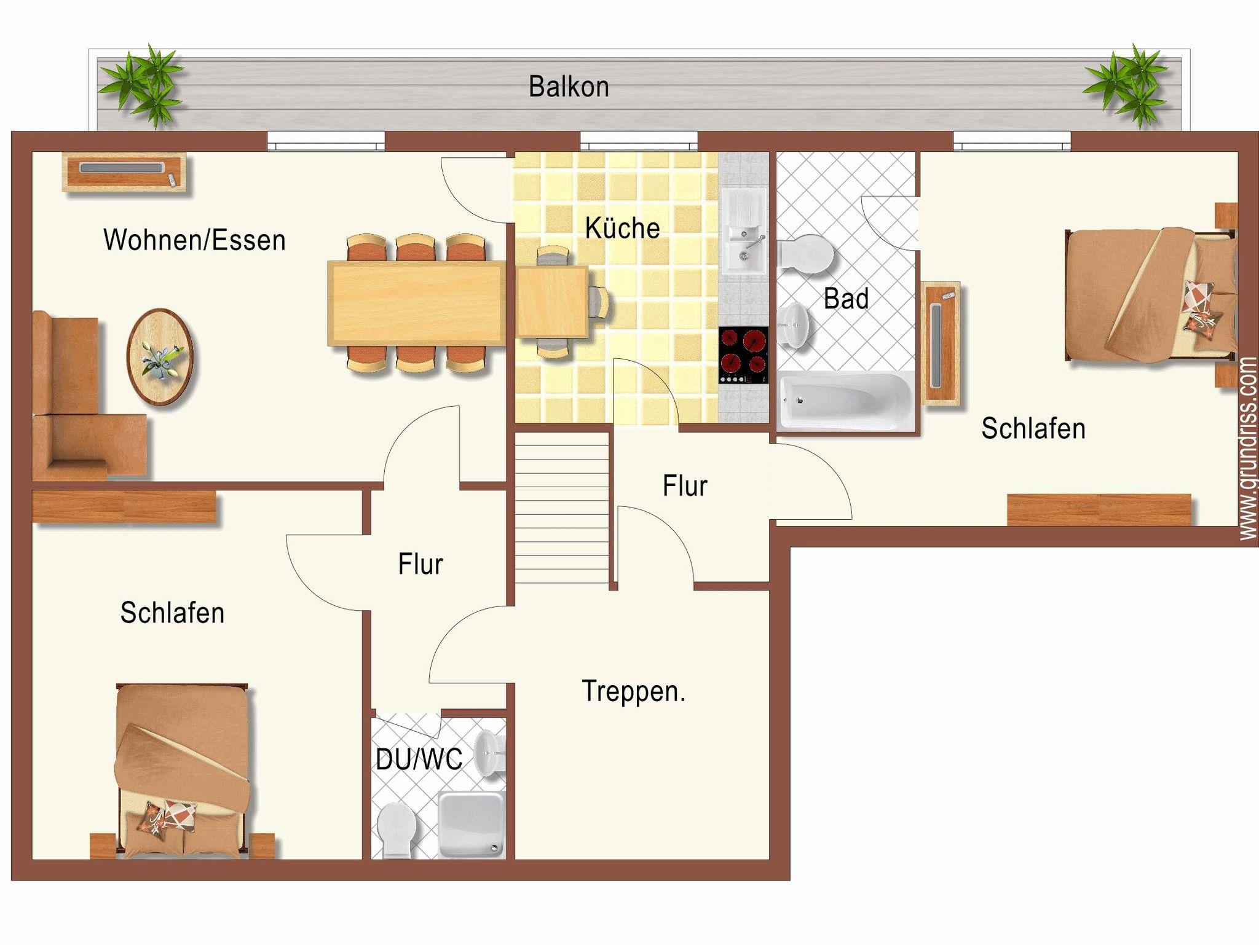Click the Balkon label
click(569, 87)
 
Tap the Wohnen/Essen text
click(194, 240)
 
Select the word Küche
click(622, 227)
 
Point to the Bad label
click(846, 299)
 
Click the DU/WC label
click(419, 759)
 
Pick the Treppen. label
click(633, 692)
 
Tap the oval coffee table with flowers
click(160, 357)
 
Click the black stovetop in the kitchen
click(743, 355)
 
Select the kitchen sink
click(744, 231)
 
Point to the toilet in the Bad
click(805, 254)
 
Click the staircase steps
click(562, 508)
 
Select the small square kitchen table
click(551, 302)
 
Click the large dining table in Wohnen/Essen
click(417, 303)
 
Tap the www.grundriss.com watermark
click(1248, 449)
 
